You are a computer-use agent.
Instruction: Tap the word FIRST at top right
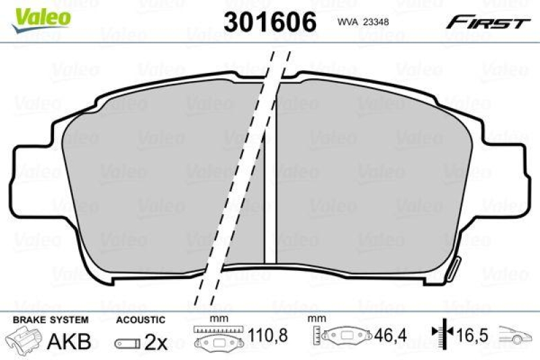point(487,23)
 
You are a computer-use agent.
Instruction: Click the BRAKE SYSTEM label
point(49,318)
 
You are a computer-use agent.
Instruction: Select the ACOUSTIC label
point(140,318)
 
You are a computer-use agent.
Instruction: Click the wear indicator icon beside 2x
point(127,343)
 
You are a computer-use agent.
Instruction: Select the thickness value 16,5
point(473,336)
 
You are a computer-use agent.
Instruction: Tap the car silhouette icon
point(516,335)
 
